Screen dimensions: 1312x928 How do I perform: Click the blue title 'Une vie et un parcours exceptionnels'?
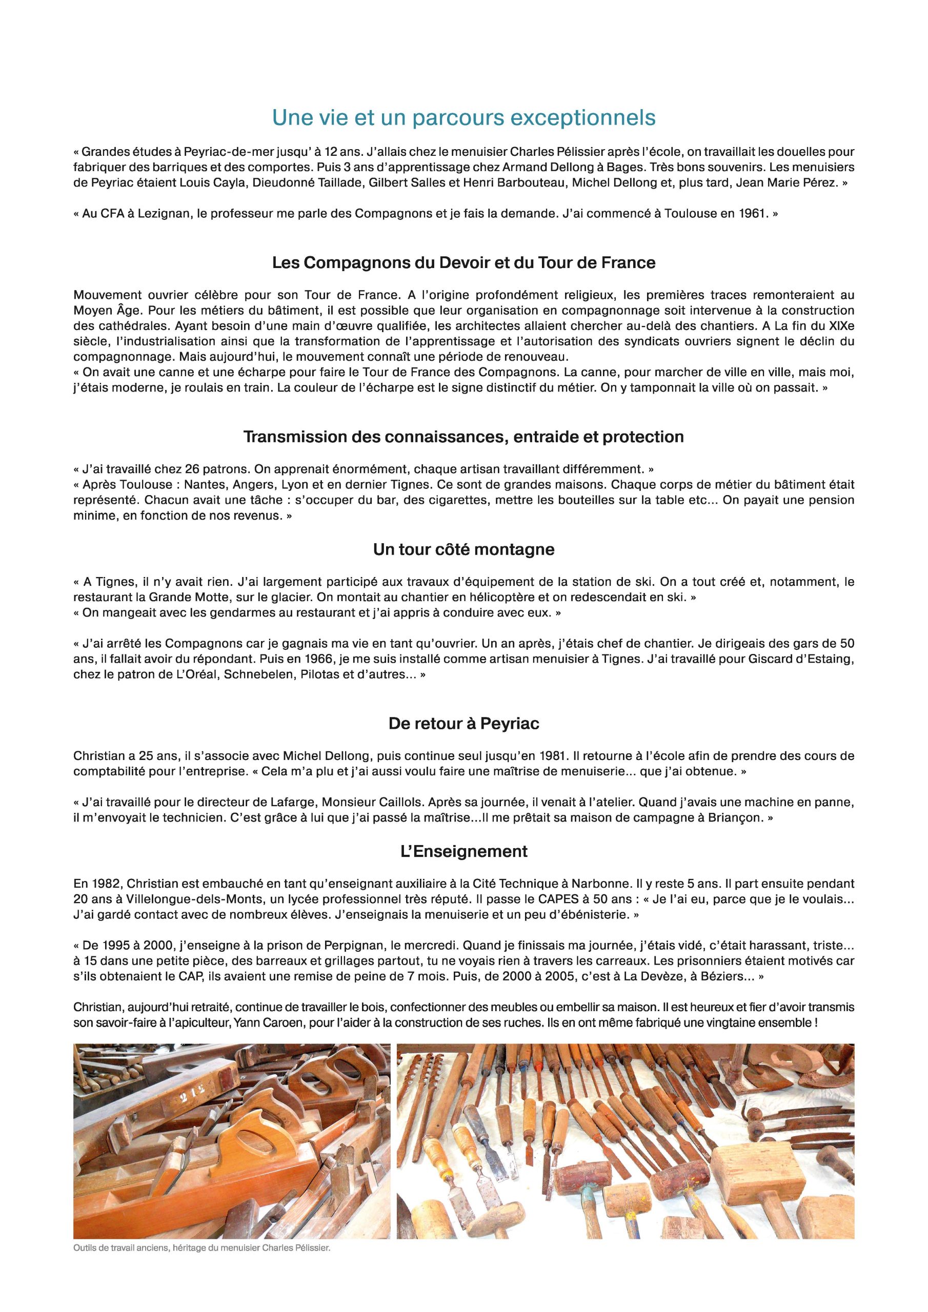(x=463, y=118)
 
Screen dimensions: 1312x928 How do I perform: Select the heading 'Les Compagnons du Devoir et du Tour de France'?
(x=463, y=263)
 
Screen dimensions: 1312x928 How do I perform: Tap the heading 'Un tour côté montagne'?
(x=463, y=550)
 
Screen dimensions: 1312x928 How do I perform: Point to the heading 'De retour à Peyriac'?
(x=463, y=724)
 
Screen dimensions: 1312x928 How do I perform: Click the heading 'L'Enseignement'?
(x=463, y=851)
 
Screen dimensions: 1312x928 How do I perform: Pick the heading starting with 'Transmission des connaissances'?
(x=463, y=437)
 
